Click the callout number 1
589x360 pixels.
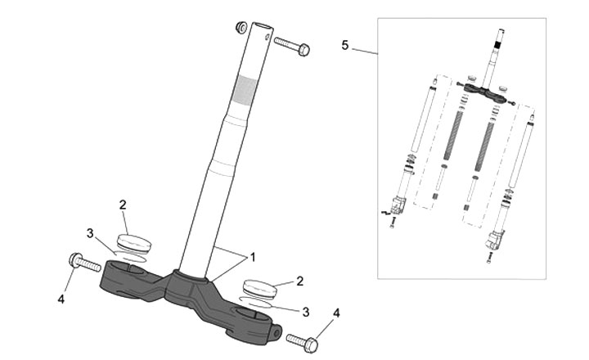point(253,257)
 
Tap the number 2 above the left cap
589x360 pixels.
point(123,204)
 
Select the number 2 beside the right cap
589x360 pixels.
point(300,281)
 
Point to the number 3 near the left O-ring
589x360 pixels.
point(90,232)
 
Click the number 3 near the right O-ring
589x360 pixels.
point(305,312)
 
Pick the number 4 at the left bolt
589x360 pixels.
point(61,299)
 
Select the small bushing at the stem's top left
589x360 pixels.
point(242,28)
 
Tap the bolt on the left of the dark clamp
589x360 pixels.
point(83,262)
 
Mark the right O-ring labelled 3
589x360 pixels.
point(259,301)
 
